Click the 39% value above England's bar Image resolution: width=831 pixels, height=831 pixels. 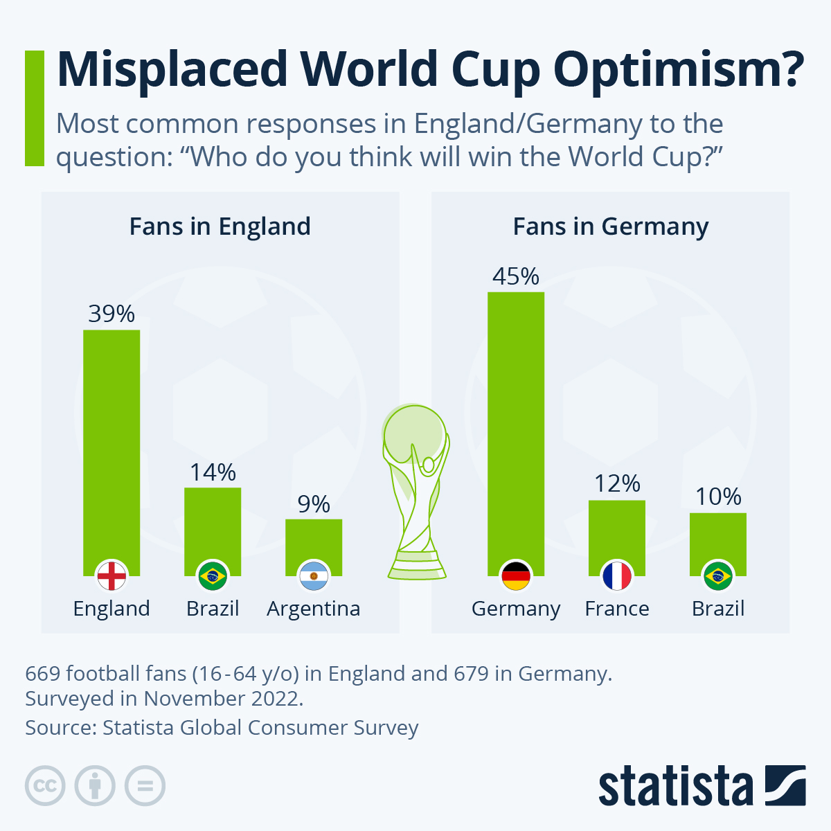[111, 314]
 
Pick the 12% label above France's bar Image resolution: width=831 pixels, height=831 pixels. [617, 483]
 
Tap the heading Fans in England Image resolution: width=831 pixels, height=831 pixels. [220, 226]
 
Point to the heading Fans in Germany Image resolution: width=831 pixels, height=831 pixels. [611, 226]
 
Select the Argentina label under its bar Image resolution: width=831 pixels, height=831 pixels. [314, 609]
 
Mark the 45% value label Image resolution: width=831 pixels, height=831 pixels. [516, 277]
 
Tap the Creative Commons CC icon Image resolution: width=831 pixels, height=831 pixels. [45, 786]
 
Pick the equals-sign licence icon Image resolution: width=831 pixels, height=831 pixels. [145, 786]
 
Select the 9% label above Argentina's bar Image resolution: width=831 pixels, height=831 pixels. [314, 504]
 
